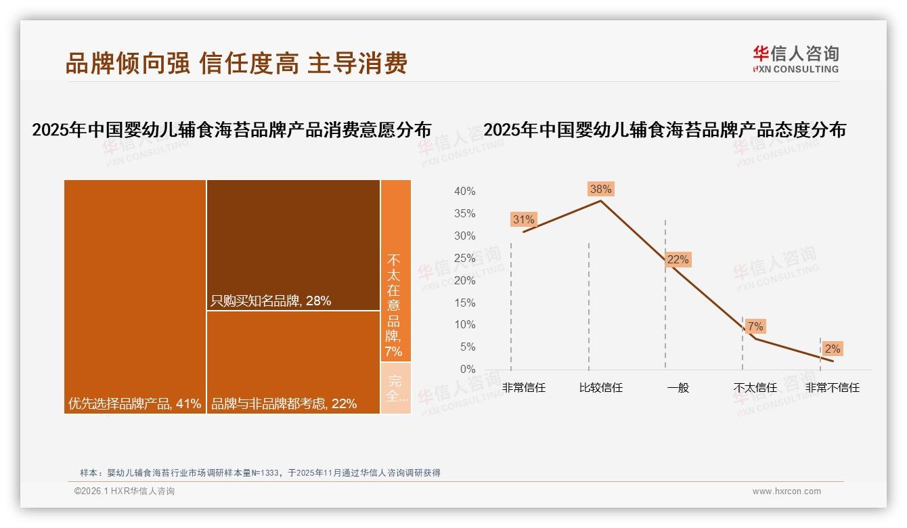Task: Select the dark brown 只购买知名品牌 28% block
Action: (x=293, y=244)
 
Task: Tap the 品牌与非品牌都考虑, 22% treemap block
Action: (x=293, y=362)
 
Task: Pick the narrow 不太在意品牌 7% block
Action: (x=395, y=271)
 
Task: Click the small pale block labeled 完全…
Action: (x=395, y=388)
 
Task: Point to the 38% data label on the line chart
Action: (x=600, y=189)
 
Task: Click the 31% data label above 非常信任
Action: (x=523, y=219)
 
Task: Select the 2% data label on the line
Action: (x=832, y=349)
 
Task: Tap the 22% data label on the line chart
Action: (x=678, y=259)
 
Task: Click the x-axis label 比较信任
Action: (x=600, y=388)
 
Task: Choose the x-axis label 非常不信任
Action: (x=832, y=388)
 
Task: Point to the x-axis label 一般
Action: (x=678, y=388)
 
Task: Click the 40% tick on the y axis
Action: (x=464, y=192)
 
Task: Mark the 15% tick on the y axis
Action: (x=464, y=303)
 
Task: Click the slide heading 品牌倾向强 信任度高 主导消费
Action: (x=236, y=64)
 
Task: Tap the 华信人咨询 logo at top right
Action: (x=795, y=59)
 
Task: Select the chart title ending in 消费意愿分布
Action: (x=231, y=130)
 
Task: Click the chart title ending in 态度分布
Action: (x=665, y=130)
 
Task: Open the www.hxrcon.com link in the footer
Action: (x=787, y=491)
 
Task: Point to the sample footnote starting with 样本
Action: (x=260, y=472)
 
